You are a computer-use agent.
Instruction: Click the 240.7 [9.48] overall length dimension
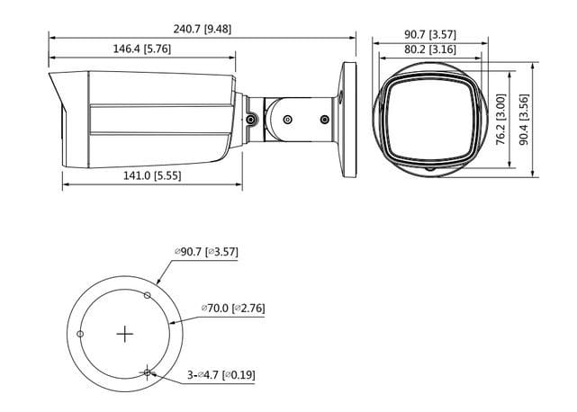click(x=203, y=29)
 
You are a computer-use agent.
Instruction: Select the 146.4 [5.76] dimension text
click(x=141, y=49)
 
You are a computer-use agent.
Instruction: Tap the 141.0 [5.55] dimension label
click(x=152, y=175)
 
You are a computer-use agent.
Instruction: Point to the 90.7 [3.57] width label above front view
click(x=430, y=34)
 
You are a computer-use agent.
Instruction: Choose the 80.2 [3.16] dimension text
click(x=430, y=49)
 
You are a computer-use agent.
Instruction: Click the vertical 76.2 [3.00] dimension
click(x=500, y=119)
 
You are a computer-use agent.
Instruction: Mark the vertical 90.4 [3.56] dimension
click(x=524, y=120)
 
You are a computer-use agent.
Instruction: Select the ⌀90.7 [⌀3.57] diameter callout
click(x=206, y=252)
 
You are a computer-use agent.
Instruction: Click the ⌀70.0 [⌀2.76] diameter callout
click(x=233, y=308)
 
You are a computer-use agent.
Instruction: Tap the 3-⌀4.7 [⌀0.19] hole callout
click(x=221, y=375)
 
